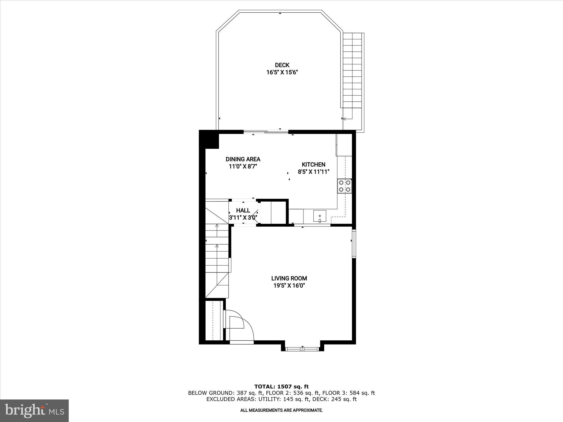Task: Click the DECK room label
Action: (282, 65)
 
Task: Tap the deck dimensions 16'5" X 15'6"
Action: (282, 73)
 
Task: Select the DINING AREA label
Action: (243, 159)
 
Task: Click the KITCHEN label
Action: (313, 165)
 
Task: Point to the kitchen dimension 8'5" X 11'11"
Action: (313, 172)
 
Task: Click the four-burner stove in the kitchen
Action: (344, 186)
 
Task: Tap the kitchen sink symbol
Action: (320, 216)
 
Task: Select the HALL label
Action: (243, 210)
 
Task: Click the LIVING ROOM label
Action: (289, 278)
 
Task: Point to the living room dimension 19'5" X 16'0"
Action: (289, 286)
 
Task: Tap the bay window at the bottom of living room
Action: (302, 349)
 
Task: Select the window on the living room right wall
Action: (354, 244)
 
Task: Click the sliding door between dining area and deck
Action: (266, 132)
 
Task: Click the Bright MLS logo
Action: (34, 411)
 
